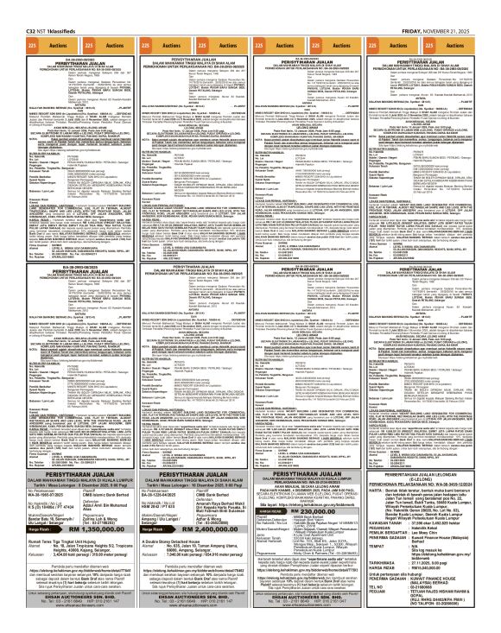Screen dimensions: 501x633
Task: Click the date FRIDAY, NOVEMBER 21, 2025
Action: coord(454,6)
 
